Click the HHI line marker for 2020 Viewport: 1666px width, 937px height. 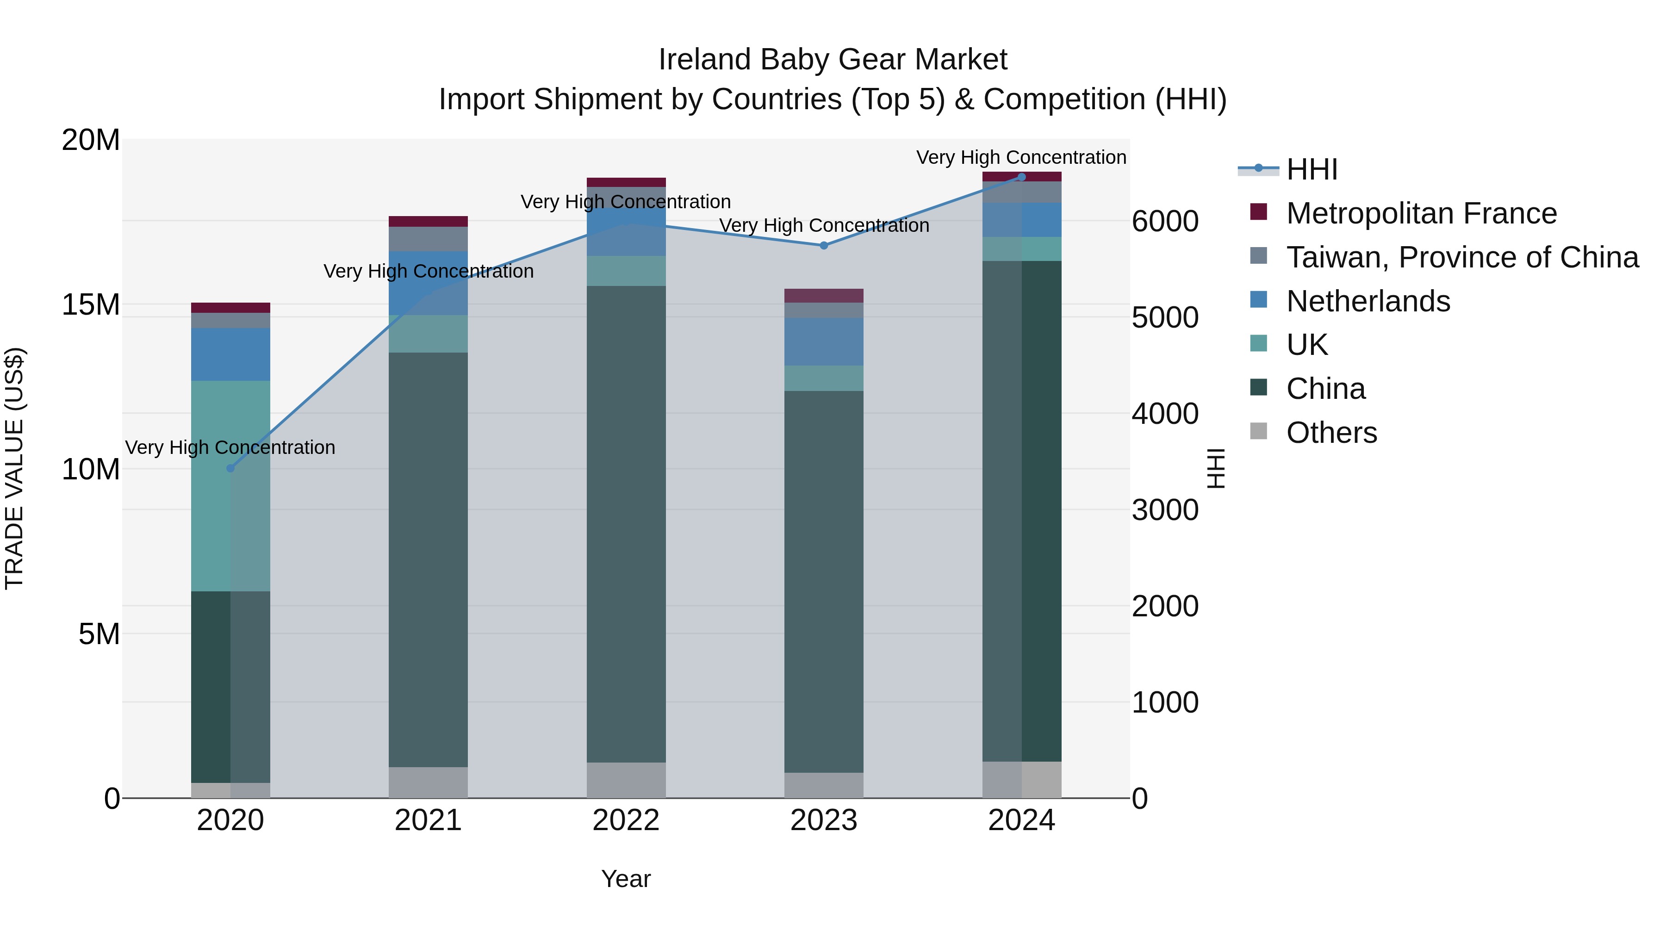point(230,468)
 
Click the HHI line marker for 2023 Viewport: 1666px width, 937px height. point(823,246)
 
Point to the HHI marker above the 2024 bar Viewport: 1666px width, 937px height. point(1021,177)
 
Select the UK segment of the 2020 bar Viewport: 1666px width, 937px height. point(230,485)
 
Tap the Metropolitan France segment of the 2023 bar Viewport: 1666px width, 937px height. point(823,296)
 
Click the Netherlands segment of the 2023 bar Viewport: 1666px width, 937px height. point(823,341)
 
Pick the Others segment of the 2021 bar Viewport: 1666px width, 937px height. point(428,782)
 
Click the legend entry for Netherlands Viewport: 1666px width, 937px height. point(1368,301)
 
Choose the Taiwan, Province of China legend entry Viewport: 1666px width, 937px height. point(1461,257)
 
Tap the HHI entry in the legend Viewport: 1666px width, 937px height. point(1311,169)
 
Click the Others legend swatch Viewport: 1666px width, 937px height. point(1259,431)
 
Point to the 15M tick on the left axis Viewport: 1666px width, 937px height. point(91,304)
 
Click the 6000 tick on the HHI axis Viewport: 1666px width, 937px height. point(1165,221)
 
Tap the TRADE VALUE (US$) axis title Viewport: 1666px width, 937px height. point(14,468)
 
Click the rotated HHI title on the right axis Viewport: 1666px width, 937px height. point(1216,468)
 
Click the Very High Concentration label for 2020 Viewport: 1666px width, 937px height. point(230,447)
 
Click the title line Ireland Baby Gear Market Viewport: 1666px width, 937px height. point(833,60)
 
